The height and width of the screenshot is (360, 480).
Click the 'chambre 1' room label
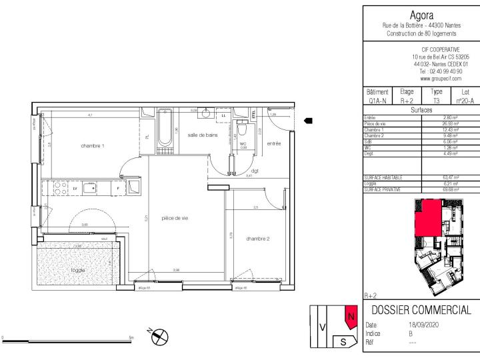click(x=94, y=145)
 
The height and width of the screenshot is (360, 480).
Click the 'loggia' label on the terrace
click(x=79, y=270)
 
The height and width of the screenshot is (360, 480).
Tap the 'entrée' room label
click(x=273, y=143)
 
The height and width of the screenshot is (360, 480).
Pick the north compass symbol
click(x=160, y=338)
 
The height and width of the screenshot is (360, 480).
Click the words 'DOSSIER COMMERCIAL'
click(x=421, y=310)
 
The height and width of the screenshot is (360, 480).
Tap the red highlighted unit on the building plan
click(x=427, y=219)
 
